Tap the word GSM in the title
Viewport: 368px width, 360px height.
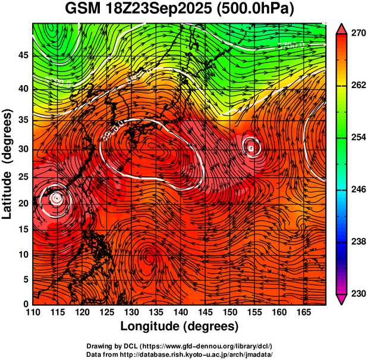(x=83, y=10)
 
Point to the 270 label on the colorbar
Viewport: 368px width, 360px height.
(x=358, y=33)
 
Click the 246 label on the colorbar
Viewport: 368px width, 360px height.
(x=358, y=189)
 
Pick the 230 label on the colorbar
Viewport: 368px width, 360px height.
(x=358, y=293)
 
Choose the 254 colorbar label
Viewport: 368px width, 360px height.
(x=358, y=137)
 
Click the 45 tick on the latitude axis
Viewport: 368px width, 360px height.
(x=23, y=55)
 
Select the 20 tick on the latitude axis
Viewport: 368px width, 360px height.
(x=23, y=203)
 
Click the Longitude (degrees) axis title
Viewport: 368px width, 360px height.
(x=180, y=327)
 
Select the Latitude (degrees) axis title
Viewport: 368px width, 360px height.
(x=8, y=164)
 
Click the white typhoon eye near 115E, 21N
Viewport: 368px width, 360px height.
(x=56, y=198)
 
